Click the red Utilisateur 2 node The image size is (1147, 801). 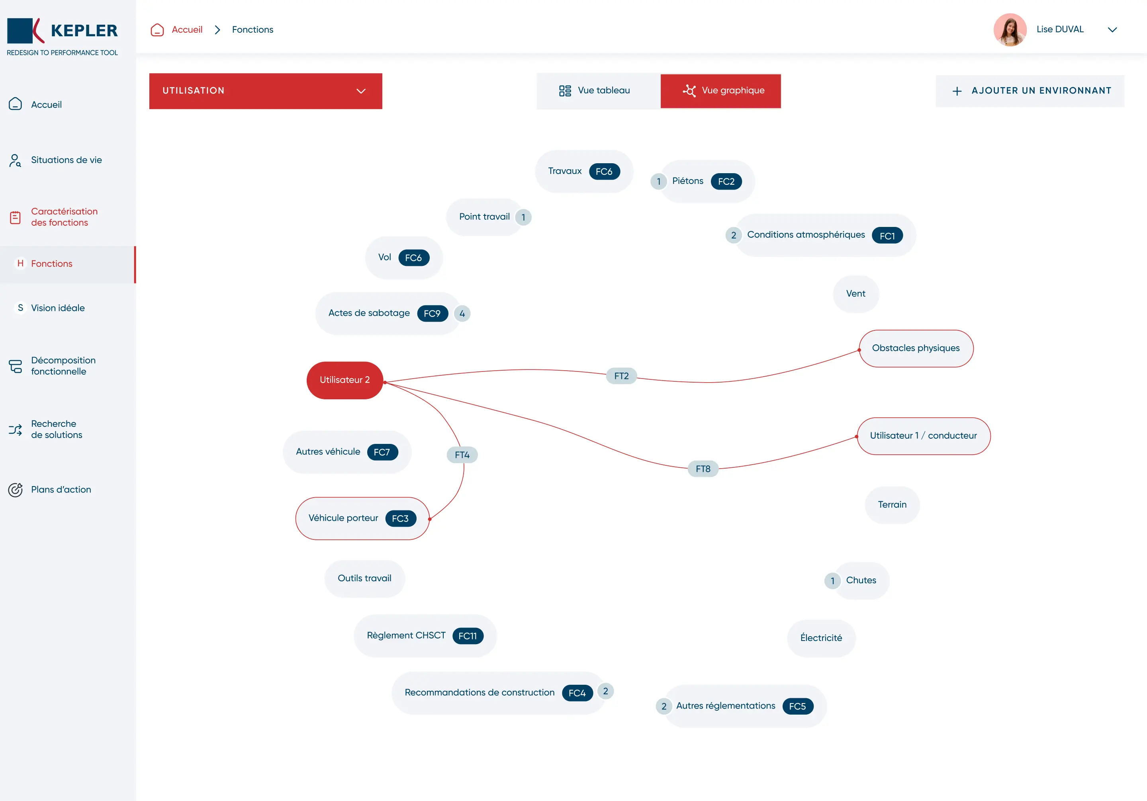345,380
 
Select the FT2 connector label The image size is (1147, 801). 621,376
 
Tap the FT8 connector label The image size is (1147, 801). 703,469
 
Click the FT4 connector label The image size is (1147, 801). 462,455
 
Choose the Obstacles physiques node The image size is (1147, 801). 916,348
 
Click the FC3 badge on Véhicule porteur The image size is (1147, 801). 400,518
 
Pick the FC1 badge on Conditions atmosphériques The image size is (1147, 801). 887,236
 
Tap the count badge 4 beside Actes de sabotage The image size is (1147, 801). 462,314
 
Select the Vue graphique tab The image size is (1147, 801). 720,90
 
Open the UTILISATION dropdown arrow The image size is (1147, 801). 361,91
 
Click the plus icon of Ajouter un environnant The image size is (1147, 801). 957,91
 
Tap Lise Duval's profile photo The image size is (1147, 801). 1010,29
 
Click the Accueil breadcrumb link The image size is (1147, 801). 187,29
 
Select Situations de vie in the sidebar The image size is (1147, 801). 66,160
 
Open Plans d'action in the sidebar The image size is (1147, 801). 61,489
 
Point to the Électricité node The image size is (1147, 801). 821,638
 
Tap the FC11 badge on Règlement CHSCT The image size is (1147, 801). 468,636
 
